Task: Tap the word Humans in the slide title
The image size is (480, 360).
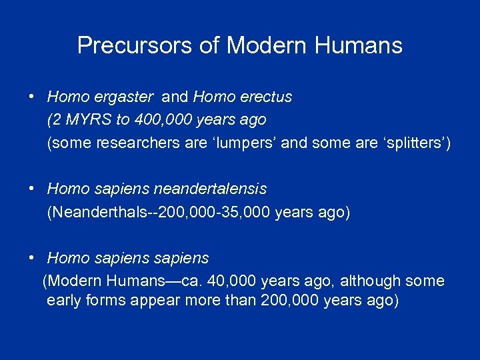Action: coord(364,45)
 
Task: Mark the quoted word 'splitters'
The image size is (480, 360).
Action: coord(412,143)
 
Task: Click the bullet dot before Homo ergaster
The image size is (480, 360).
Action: coord(32,97)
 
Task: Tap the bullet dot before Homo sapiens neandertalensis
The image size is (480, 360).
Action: coord(32,189)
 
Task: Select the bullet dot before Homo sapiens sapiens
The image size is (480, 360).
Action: coord(32,258)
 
